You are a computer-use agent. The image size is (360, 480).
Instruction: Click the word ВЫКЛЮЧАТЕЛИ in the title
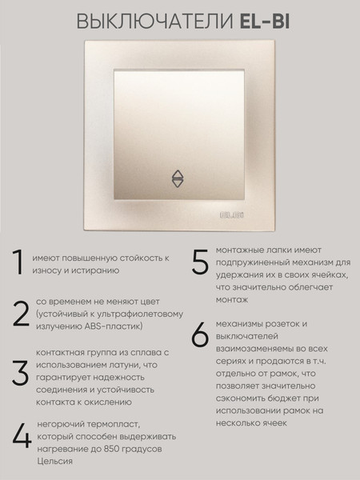(x=155, y=22)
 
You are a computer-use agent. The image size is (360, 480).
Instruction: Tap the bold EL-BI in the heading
(x=265, y=22)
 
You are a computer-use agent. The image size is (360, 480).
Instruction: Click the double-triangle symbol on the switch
(x=177, y=179)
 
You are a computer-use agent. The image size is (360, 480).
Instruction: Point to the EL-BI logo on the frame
(x=232, y=215)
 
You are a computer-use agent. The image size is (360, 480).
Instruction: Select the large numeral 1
(x=18, y=262)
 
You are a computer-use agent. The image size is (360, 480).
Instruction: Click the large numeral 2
(x=21, y=314)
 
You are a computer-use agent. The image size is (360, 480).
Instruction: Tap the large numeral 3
(x=21, y=373)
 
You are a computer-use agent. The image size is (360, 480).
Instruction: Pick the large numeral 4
(x=22, y=436)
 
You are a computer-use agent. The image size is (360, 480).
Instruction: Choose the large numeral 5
(x=200, y=262)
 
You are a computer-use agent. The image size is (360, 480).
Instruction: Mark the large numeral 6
(x=200, y=334)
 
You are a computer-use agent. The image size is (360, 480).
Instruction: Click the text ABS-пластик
(x=114, y=326)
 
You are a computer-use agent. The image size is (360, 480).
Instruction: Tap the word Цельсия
(x=54, y=462)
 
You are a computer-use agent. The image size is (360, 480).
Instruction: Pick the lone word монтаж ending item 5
(x=232, y=300)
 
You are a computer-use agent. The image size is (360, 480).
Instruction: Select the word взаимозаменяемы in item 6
(x=254, y=349)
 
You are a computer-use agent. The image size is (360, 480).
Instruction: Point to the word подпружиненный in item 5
(x=252, y=263)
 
